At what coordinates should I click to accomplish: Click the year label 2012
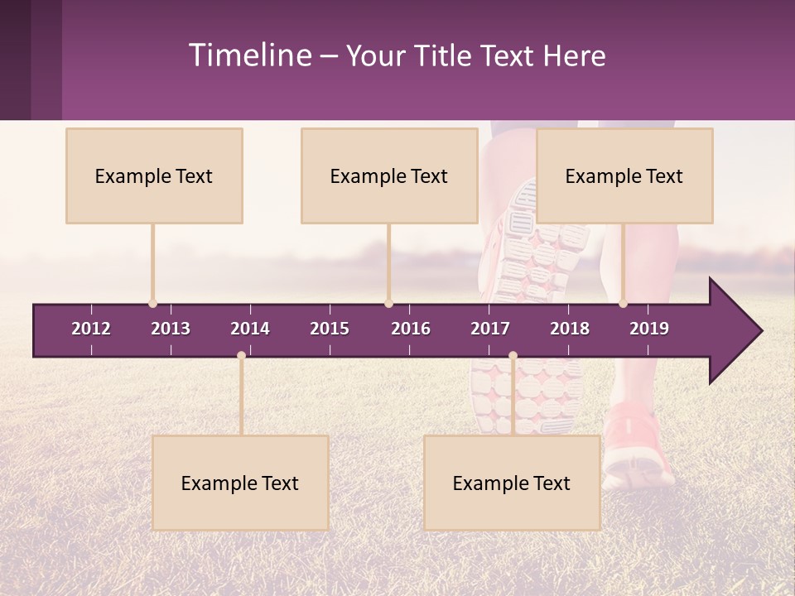(91, 329)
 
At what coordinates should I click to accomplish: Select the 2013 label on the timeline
(171, 329)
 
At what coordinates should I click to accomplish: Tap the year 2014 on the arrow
(250, 329)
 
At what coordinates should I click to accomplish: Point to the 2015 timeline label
(330, 329)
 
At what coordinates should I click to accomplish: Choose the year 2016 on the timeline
(411, 329)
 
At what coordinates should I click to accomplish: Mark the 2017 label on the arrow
(490, 329)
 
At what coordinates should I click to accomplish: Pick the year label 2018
(570, 329)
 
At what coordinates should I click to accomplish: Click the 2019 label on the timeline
(649, 329)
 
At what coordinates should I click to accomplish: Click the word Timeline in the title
(248, 55)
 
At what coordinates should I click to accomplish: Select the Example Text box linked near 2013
(154, 175)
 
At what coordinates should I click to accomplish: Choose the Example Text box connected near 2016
(389, 175)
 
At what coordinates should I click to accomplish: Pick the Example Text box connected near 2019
(624, 175)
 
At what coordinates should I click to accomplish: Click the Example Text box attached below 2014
(240, 483)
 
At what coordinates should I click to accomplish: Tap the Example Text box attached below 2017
(512, 483)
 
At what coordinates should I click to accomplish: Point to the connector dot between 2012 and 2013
(152, 304)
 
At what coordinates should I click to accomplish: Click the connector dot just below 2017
(513, 356)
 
